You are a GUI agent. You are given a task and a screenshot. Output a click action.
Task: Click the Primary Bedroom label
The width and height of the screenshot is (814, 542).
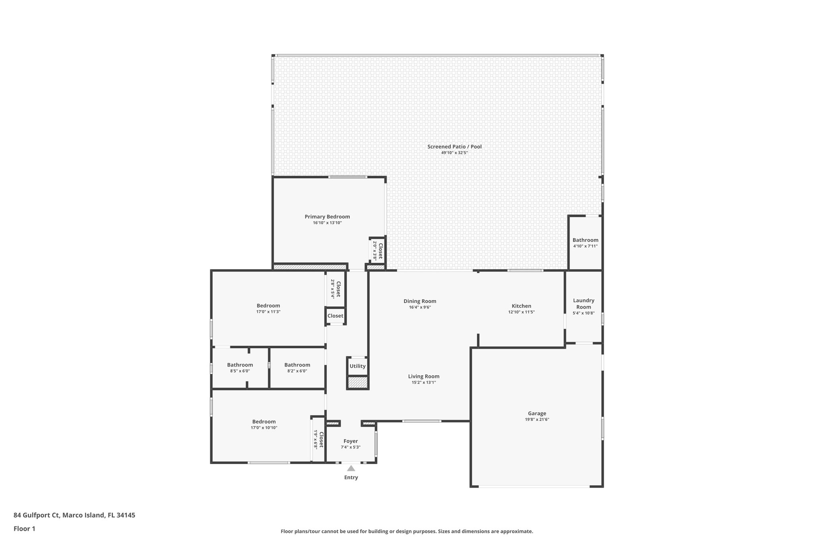point(327,217)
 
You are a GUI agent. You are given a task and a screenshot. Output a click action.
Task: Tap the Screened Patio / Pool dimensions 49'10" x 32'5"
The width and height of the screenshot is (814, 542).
point(454,153)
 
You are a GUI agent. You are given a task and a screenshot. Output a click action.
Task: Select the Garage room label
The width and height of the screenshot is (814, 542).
point(537,413)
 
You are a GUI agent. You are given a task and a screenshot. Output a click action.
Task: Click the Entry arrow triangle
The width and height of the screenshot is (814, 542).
point(351,468)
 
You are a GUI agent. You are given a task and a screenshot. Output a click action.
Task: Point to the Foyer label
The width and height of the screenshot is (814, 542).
point(351,441)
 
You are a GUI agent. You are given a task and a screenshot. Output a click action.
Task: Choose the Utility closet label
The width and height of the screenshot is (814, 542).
point(357,366)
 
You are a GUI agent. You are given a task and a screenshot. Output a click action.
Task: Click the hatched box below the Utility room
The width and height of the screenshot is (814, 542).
point(357,383)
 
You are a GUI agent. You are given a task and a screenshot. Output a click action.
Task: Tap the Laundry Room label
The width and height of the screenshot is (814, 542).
point(583,304)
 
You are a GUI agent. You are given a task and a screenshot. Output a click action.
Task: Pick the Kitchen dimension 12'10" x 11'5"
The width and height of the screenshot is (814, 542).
point(521,312)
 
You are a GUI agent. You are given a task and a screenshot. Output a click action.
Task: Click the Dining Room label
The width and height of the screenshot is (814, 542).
point(420,301)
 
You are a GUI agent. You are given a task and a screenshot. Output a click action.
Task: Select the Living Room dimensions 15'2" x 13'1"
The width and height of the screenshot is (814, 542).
point(424,383)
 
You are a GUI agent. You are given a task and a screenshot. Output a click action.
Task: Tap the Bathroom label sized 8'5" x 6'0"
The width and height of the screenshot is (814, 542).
point(240,365)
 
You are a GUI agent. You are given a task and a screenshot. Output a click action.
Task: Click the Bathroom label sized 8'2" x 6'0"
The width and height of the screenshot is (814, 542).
point(297,365)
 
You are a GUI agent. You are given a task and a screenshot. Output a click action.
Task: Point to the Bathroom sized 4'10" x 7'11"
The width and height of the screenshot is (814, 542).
point(585,240)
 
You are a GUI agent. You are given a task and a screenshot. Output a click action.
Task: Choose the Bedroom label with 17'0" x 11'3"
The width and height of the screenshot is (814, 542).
point(268,306)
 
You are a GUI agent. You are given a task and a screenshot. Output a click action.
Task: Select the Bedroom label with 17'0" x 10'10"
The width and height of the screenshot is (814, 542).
point(264,422)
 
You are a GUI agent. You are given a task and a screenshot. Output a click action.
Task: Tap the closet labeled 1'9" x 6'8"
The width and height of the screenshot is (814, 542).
point(319,440)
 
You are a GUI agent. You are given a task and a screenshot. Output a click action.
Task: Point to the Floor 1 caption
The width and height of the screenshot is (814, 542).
point(24,528)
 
